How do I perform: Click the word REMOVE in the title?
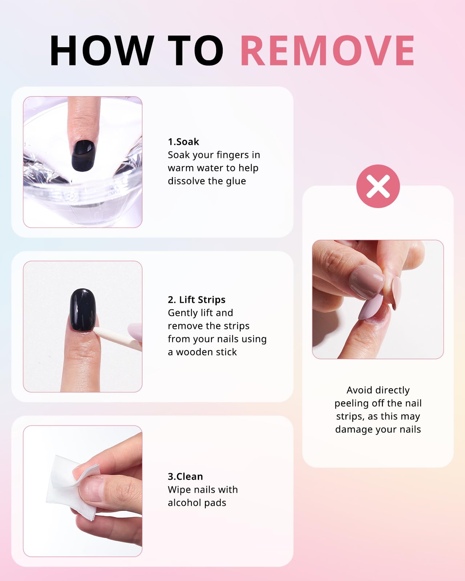[x=327, y=51]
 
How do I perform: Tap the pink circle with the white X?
[x=378, y=186]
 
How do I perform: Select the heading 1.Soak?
[x=183, y=142]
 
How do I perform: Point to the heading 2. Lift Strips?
[x=197, y=300]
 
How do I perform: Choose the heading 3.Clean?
[x=185, y=476]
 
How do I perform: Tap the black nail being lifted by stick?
[x=83, y=309]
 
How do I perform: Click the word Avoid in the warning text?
[x=359, y=390]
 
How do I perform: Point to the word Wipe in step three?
[x=178, y=489]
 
